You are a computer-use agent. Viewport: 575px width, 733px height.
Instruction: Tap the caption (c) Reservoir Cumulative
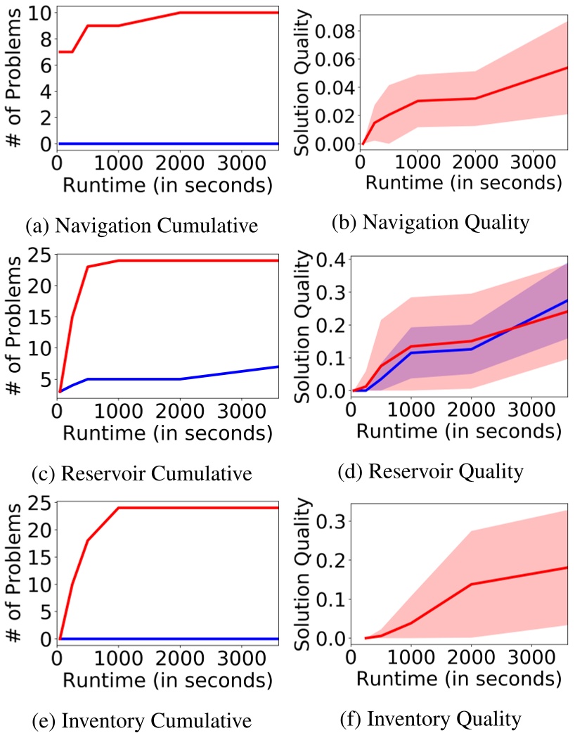pos(141,473)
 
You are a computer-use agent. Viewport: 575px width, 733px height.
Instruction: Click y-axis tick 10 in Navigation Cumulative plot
pos(39,13)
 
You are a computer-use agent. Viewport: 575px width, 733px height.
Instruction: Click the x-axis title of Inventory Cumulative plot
pos(167,681)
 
